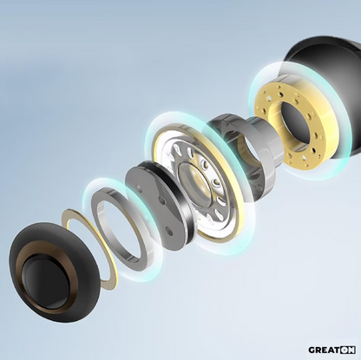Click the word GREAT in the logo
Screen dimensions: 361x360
[x=324, y=350]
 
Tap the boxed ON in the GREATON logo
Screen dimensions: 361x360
[x=347, y=350]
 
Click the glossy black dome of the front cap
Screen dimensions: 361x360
[x=46, y=280]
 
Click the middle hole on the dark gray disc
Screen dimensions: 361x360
[x=162, y=200]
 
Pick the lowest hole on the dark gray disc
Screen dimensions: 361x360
[x=169, y=231]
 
